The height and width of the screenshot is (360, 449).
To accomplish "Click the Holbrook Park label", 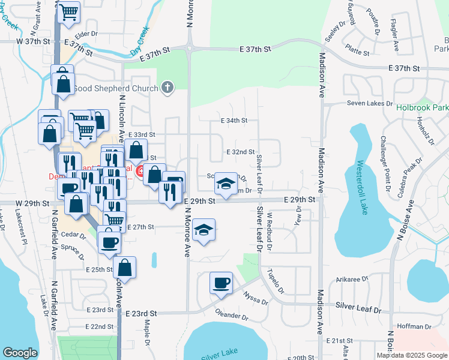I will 422,109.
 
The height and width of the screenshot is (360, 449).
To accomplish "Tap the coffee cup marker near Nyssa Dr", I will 221,283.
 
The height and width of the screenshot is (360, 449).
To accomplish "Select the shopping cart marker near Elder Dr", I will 69,12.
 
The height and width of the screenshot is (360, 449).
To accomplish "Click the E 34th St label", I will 234,121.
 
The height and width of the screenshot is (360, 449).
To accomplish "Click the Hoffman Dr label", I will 411,326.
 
